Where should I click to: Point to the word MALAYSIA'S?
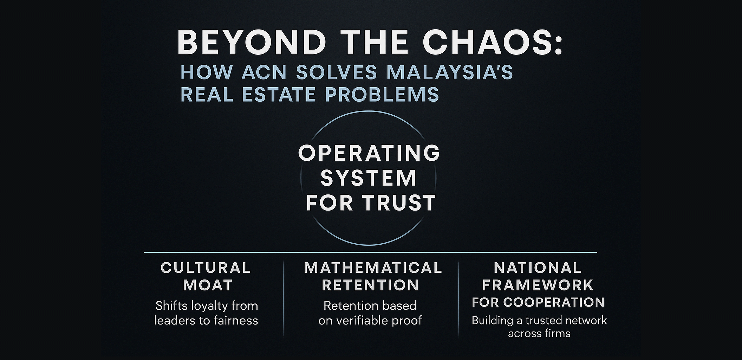click(x=450, y=72)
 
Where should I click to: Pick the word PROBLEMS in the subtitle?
click(x=382, y=95)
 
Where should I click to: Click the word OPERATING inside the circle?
click(x=369, y=153)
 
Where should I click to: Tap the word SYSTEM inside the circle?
click(x=369, y=178)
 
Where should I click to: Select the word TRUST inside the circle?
click(x=399, y=203)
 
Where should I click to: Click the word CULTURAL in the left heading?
click(x=206, y=268)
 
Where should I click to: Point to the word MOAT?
click(x=208, y=285)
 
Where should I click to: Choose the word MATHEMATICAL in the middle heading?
click(x=373, y=268)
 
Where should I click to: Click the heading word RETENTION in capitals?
click(x=371, y=285)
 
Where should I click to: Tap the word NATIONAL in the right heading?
click(x=538, y=268)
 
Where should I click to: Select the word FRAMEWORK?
click(x=538, y=285)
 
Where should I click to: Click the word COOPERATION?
click(x=554, y=302)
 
